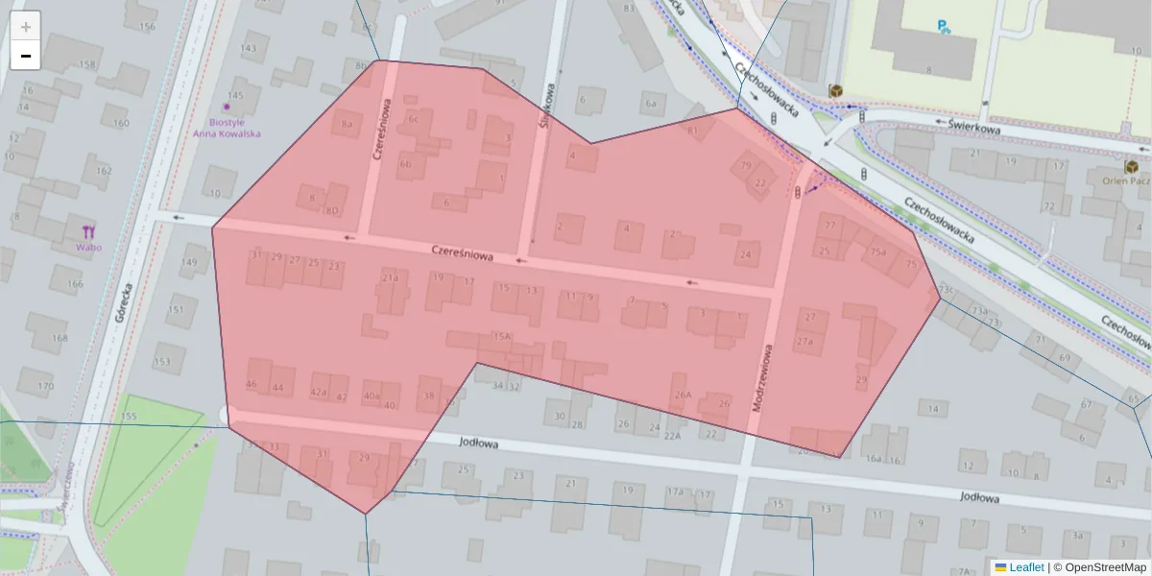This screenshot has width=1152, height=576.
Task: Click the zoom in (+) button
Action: (26, 27)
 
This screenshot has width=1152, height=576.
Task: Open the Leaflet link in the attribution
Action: (1025, 567)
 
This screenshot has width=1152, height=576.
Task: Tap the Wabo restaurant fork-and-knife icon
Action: (89, 230)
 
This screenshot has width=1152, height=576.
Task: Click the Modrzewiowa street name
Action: (762, 378)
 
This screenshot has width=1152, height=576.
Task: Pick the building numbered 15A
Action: (501, 337)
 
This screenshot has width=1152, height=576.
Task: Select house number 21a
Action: (390, 278)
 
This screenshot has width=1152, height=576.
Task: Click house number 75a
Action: (877, 252)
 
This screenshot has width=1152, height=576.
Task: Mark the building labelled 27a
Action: (804, 342)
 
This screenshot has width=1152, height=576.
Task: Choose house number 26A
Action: (683, 395)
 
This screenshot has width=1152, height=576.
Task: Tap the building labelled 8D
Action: (332, 211)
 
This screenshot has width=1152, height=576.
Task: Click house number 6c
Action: (414, 120)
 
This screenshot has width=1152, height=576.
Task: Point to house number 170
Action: (45, 387)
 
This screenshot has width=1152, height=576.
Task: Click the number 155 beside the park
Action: (130, 417)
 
